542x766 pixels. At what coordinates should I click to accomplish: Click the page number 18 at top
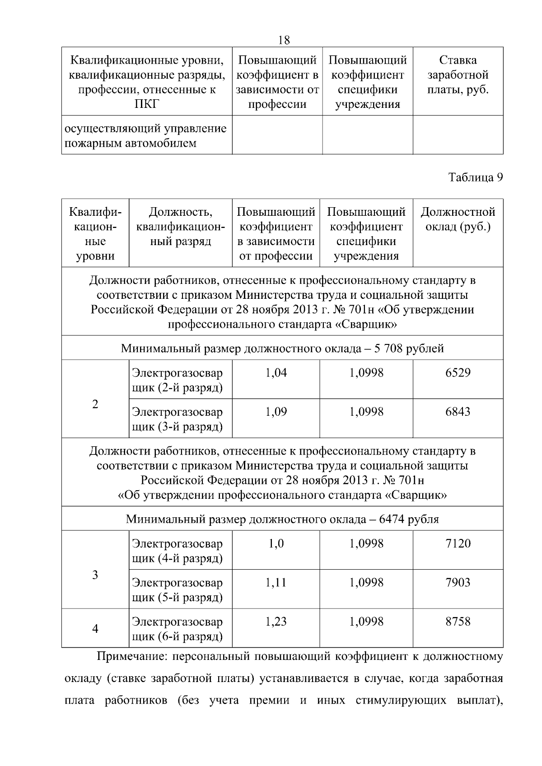(284, 40)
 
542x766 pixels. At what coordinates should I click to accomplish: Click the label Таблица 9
(475, 177)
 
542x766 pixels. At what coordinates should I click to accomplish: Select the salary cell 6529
(458, 373)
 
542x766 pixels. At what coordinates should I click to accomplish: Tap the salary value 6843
(458, 412)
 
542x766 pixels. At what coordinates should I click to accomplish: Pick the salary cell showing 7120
(458, 543)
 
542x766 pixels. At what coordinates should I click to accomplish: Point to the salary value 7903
(458, 582)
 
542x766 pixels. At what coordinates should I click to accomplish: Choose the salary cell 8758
(458, 622)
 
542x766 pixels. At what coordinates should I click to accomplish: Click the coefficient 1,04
(276, 373)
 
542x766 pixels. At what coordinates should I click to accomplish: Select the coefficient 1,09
(276, 412)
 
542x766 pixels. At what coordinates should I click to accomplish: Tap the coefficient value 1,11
(276, 582)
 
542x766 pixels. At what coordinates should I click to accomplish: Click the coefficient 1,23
(276, 622)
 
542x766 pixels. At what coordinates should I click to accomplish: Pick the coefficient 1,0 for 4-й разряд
(276, 543)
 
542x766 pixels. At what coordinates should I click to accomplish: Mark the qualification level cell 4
(95, 629)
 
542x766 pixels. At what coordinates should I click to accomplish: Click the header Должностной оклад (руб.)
(458, 219)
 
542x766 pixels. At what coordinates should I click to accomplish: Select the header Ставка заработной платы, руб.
(458, 75)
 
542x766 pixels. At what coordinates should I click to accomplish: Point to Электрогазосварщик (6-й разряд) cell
(177, 629)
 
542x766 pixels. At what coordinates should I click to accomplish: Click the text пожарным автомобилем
(131, 144)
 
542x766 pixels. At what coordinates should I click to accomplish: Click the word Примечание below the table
(130, 656)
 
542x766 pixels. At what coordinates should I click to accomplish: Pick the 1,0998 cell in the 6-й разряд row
(366, 622)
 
